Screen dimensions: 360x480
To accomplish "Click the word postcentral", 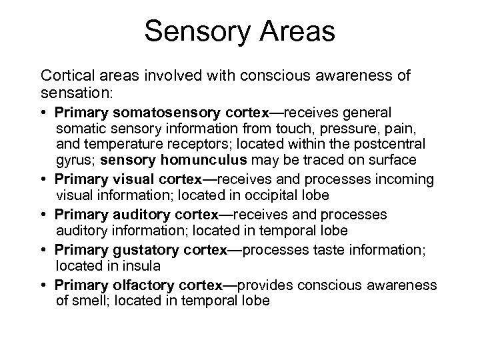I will point(390,144).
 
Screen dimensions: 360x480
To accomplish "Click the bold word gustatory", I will point(139,249).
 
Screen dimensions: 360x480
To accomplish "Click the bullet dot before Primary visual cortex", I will point(45,180).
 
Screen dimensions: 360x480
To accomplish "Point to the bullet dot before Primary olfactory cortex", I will point(45,285).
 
